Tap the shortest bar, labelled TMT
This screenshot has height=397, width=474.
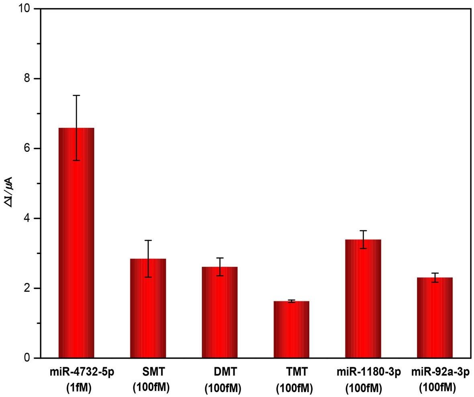coord(291,329)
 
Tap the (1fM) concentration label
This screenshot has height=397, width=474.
coord(79,388)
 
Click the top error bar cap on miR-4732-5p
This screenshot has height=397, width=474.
coord(76,96)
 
